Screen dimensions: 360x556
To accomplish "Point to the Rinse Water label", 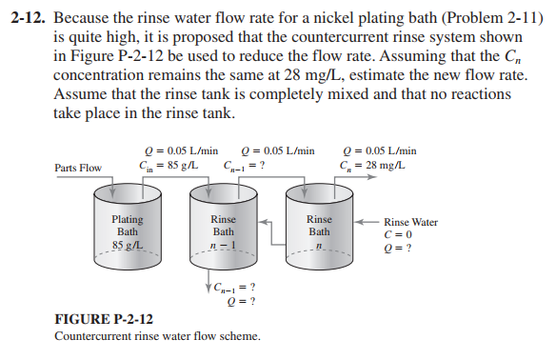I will tap(411, 222).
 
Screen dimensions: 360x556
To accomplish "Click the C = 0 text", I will tap(398, 235).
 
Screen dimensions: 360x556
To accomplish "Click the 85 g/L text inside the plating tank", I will tap(128, 247).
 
